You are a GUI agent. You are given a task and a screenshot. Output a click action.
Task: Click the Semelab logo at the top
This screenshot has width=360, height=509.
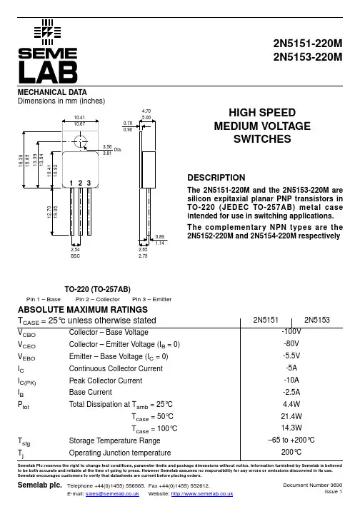click(48, 51)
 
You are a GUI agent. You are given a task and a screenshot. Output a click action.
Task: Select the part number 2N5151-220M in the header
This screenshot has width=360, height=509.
click(308, 43)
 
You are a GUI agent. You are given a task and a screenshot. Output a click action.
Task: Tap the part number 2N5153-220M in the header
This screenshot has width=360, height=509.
click(308, 57)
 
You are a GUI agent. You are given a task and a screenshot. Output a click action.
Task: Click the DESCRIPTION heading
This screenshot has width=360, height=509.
click(216, 178)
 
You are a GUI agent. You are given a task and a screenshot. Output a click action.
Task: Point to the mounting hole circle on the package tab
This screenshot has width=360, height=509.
click(80, 141)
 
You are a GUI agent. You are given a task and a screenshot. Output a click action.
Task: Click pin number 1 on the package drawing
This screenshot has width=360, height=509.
click(71, 183)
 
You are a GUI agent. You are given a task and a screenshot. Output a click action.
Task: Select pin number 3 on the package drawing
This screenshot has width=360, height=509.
click(89, 183)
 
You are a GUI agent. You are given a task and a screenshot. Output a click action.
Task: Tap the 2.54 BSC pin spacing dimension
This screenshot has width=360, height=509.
click(76, 253)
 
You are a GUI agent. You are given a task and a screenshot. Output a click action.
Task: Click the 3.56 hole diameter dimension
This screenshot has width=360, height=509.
click(107, 147)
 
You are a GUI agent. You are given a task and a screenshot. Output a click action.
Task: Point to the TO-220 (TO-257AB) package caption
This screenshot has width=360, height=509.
click(97, 289)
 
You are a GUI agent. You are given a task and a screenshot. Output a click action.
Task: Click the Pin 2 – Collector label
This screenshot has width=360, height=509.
click(97, 299)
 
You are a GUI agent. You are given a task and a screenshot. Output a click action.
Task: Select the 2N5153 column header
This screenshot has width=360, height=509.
click(317, 320)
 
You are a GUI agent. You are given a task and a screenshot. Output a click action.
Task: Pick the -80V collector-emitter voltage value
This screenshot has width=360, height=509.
click(291, 343)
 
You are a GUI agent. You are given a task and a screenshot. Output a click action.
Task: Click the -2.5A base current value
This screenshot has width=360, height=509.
click(291, 392)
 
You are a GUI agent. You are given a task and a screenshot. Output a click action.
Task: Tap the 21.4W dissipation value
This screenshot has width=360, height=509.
click(291, 416)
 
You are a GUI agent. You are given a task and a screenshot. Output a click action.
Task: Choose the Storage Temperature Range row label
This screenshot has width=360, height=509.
click(114, 440)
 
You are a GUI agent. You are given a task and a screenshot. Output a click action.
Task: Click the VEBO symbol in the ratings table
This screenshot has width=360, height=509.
click(26, 357)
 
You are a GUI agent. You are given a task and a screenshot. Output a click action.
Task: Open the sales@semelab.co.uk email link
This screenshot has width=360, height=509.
click(112, 494)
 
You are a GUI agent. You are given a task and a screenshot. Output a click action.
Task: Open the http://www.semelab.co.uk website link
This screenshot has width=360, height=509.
click(202, 494)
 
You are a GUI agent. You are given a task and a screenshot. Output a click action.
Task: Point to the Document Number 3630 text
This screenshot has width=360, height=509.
click(313, 485)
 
